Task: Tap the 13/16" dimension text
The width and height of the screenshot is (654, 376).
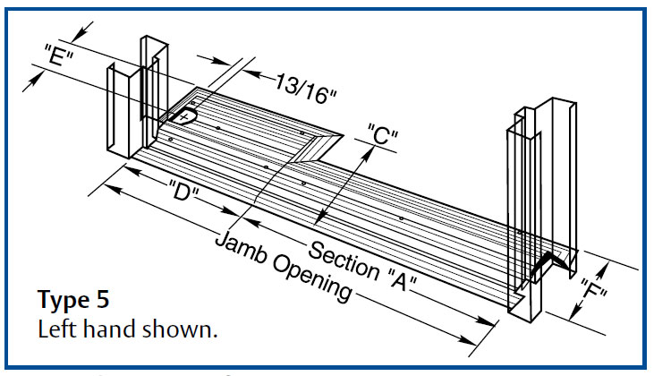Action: tap(301, 85)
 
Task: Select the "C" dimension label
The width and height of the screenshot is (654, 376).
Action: tap(382, 137)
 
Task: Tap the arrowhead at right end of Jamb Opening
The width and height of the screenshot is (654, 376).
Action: tap(469, 341)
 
